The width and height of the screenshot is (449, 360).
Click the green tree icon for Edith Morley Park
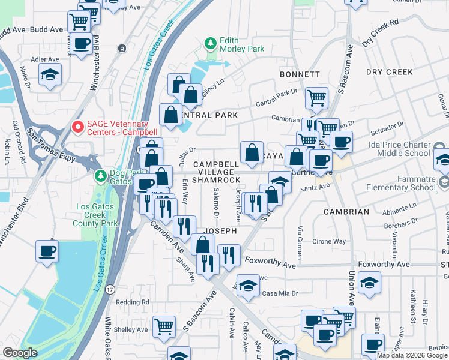tap(210, 44)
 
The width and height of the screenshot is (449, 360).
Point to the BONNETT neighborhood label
tap(300, 74)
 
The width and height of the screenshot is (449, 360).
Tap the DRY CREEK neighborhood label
tap(390, 72)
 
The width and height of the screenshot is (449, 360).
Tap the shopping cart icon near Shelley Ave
tap(164, 326)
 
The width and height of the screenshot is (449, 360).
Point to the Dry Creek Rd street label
tap(381, 33)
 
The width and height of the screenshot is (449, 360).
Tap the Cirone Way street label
tap(329, 241)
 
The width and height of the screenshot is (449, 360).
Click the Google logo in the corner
tap(20, 353)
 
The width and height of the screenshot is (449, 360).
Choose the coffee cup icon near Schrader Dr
tap(342, 142)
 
